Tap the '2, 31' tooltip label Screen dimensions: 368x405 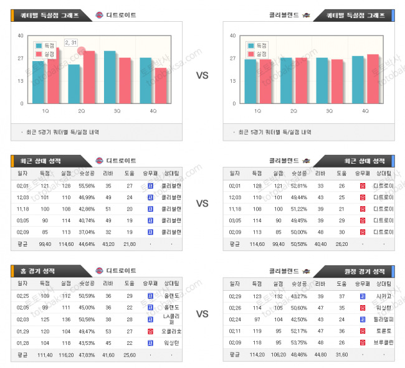(70, 42)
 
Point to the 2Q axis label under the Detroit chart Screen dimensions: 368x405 (82, 111)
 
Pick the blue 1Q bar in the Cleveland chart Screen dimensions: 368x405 (250, 82)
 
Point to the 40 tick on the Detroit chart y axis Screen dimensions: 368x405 (21, 35)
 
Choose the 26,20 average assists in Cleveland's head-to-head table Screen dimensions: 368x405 (341, 243)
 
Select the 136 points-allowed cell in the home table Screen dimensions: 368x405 (65, 319)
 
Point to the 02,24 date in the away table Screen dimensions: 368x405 (236, 319)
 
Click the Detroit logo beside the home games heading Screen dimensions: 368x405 (100, 271)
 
